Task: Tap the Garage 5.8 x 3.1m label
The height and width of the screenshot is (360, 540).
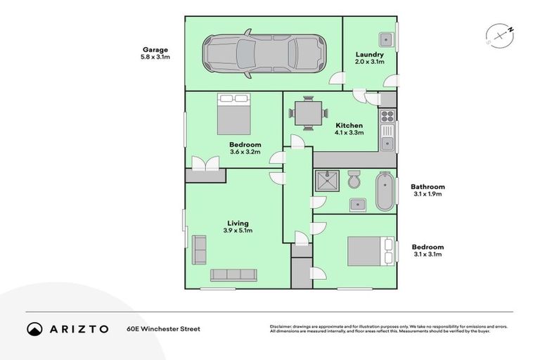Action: (156, 53)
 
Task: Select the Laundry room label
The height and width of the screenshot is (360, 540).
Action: (369, 58)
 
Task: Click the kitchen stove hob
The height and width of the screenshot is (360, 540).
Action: (387, 115)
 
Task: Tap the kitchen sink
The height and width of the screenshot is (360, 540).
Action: (387, 143)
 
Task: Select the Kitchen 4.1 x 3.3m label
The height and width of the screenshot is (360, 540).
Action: (349, 129)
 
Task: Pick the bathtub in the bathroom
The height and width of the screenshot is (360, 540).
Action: (384, 191)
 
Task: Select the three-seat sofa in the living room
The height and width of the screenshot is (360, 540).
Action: (235, 274)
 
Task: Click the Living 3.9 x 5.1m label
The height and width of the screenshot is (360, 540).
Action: (237, 227)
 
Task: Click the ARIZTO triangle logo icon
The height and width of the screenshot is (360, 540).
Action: (34, 328)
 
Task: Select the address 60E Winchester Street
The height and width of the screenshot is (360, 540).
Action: (163, 328)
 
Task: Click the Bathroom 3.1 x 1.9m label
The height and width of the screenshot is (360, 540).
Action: (427, 191)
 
